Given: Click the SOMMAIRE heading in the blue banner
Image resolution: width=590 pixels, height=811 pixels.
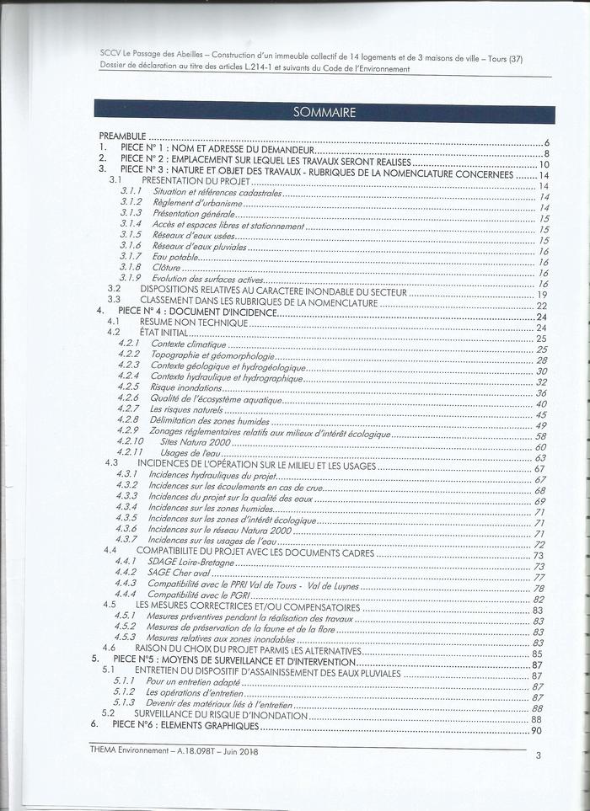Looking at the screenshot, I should pyautogui.click(x=324, y=113).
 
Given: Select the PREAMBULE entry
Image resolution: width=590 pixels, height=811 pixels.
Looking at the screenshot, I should pyautogui.click(x=123, y=136).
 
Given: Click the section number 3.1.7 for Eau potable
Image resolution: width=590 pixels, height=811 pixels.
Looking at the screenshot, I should pyautogui.click(x=131, y=255).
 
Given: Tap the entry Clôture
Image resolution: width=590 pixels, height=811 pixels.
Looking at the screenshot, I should pyautogui.click(x=167, y=267).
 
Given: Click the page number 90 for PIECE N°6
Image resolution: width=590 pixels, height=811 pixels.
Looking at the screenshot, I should pyautogui.click(x=536, y=730).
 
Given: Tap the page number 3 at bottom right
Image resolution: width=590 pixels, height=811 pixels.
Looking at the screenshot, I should pyautogui.click(x=538, y=755).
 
